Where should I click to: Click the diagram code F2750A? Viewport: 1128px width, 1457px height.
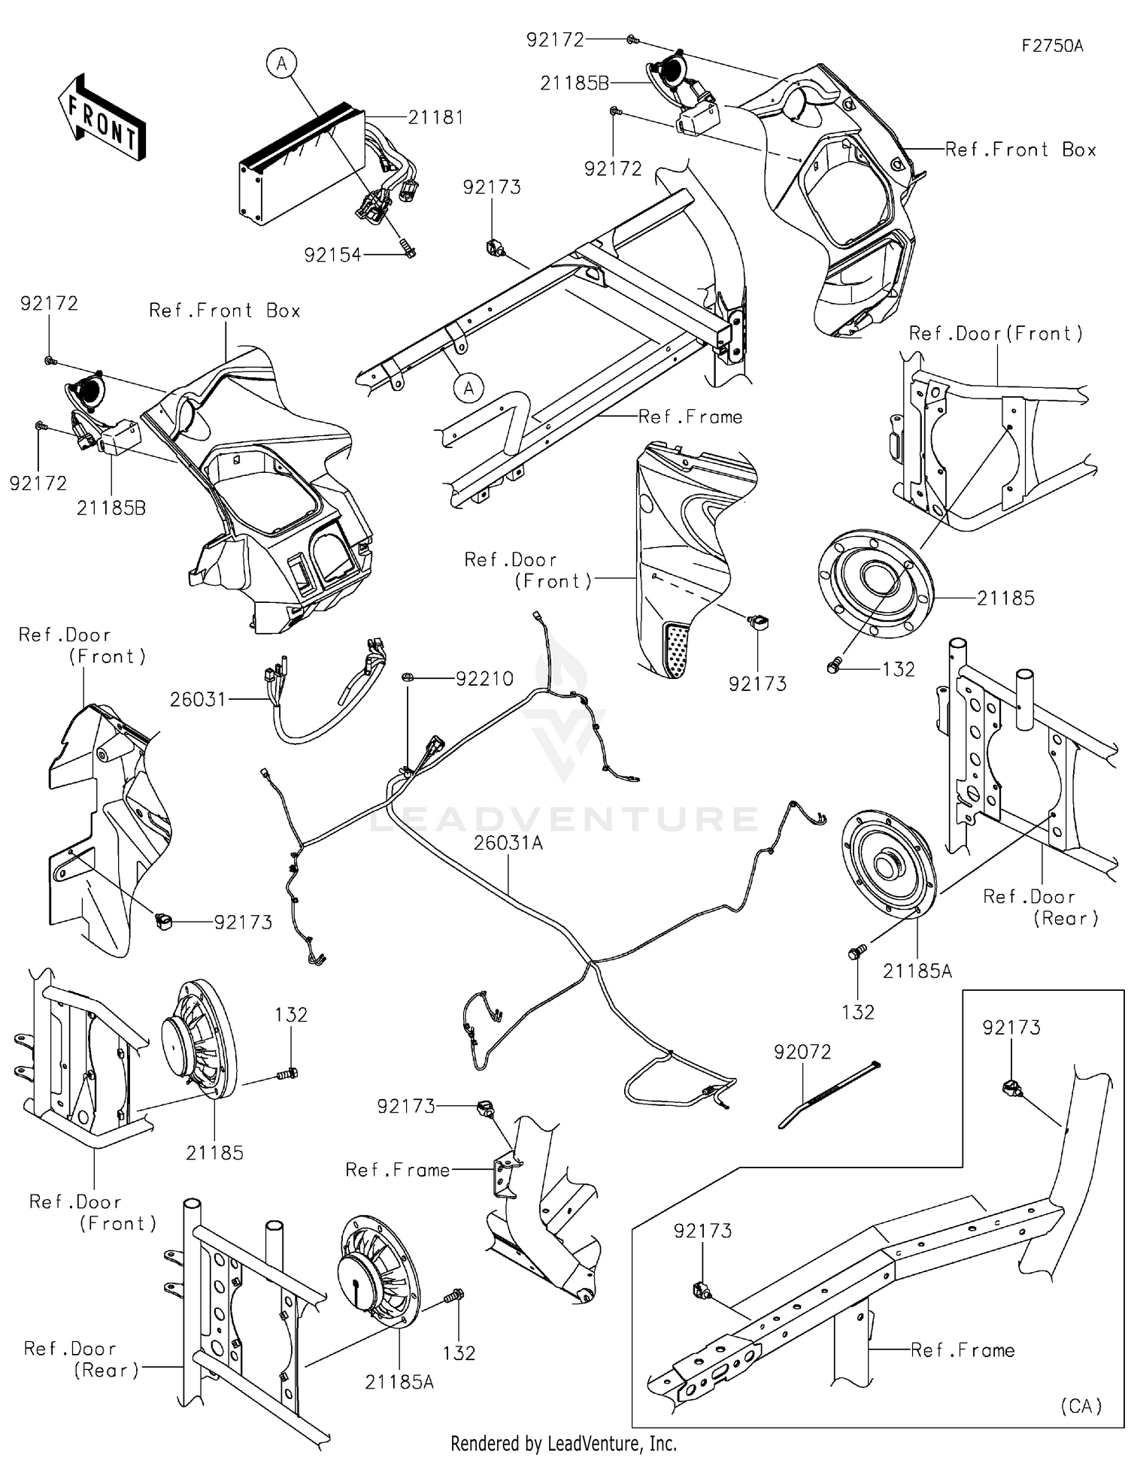(1052, 46)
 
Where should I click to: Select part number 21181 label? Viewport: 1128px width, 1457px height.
(435, 117)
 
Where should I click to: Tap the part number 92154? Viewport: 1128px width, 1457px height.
(332, 255)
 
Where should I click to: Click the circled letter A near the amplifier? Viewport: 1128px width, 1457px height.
(281, 64)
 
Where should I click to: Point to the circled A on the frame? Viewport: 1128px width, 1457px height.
(468, 388)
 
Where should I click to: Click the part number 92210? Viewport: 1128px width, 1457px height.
(484, 678)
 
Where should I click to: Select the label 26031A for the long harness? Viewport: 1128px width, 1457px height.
(508, 843)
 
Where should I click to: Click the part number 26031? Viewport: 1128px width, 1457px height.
(198, 699)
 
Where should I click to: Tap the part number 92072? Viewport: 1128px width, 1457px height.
(802, 1052)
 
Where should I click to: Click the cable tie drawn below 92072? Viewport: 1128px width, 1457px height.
(827, 1095)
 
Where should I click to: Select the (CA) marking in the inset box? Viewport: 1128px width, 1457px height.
(1081, 1405)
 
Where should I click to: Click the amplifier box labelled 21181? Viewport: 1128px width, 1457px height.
(301, 165)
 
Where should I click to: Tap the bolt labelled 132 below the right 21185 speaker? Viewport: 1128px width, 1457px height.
(832, 666)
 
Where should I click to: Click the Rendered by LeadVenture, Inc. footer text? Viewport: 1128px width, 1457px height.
(563, 1443)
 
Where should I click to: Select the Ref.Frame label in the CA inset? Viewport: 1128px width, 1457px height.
(963, 1350)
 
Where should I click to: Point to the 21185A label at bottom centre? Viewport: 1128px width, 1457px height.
(399, 1382)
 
